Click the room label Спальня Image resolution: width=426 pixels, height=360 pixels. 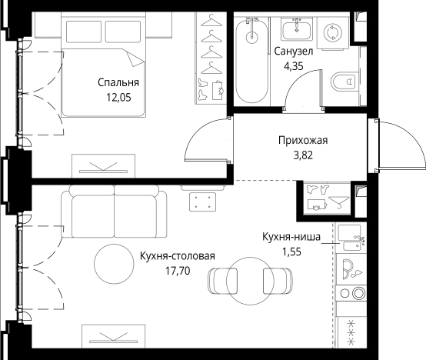[118, 82]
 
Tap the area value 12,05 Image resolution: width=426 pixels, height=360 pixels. [118, 97]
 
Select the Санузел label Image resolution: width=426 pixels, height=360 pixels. [294, 52]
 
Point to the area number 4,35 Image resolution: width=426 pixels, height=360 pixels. [294, 66]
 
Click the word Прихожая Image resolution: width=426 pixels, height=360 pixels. [303, 140]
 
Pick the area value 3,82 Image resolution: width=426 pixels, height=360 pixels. [303, 155]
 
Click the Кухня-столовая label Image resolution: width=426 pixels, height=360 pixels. [178, 256]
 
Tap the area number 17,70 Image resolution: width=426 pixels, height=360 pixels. [178, 271]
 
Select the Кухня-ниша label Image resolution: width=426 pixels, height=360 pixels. [291, 237]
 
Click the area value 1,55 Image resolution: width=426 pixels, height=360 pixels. [291, 252]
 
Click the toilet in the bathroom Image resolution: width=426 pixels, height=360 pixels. [344, 81]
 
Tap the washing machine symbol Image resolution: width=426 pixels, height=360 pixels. [332, 32]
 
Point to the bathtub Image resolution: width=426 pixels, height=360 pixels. [252, 60]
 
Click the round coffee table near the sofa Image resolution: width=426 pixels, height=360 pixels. [114, 264]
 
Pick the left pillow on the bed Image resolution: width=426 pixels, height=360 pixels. [84, 32]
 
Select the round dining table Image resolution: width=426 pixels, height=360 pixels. [250, 281]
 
